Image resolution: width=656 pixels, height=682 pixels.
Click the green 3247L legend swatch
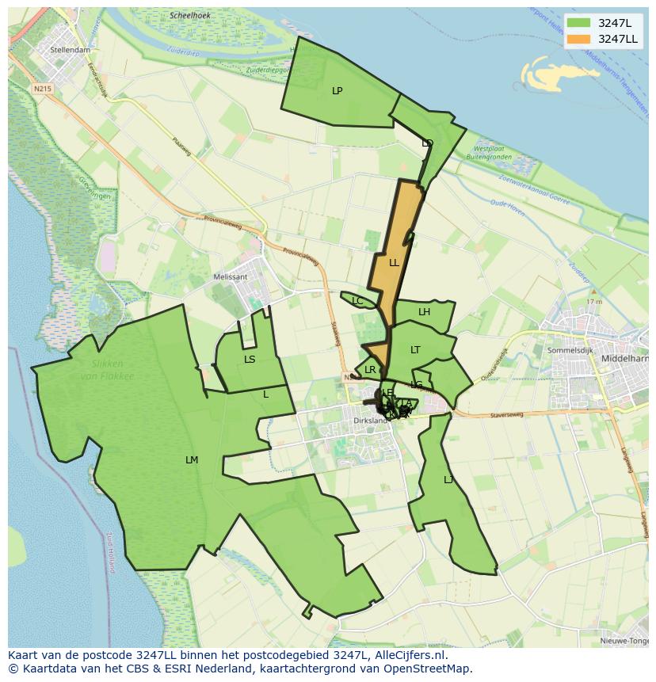578,23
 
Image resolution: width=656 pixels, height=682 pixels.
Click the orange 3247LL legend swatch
578,39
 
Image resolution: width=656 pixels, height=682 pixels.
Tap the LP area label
337,91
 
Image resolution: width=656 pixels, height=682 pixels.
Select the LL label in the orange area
394,262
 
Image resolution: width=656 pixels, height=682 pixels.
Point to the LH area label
424,312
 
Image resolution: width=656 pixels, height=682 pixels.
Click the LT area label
415,350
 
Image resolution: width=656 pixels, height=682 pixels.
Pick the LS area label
250,360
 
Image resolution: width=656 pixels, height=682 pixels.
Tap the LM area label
192,460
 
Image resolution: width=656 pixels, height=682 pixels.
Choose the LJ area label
448,480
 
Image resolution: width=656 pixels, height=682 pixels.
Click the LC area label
357,301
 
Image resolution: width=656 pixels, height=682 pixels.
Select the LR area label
370,370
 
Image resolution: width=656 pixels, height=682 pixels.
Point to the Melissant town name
231,277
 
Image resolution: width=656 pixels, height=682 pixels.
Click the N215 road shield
42,89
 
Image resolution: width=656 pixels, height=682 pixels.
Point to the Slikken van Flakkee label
107,370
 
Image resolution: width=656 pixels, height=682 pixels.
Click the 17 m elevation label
594,302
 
